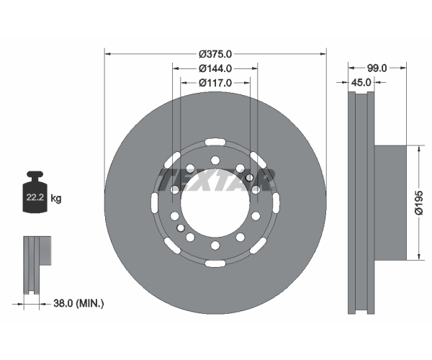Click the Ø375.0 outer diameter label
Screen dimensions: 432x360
click(x=215, y=54)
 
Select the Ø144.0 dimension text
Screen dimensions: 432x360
click(x=215, y=68)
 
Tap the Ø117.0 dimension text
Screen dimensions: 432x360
click(x=215, y=83)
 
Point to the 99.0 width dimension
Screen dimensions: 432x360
click(x=377, y=68)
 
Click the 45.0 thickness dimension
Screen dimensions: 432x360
click(x=361, y=82)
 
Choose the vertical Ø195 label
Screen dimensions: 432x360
click(x=419, y=202)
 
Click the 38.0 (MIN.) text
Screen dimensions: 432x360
click(x=78, y=304)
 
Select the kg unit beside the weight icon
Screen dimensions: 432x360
click(x=56, y=198)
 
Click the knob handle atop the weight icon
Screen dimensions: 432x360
click(x=35, y=176)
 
